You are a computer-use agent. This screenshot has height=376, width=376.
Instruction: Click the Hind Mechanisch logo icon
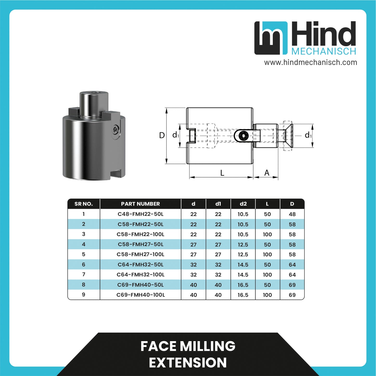pyautogui.click(x=271, y=38)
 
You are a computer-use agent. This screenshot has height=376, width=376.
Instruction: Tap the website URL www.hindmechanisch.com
pyautogui.click(x=310, y=62)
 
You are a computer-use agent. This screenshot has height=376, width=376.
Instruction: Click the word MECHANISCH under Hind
pyautogui.click(x=324, y=51)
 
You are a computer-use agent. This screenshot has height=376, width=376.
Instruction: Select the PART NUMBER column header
pyautogui.click(x=140, y=204)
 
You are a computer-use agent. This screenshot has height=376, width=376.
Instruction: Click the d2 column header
pyautogui.click(x=243, y=204)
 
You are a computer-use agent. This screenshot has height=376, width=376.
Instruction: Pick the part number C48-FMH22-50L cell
pyautogui.click(x=140, y=214)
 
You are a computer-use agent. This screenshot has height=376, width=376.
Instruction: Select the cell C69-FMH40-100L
pyautogui.click(x=140, y=295)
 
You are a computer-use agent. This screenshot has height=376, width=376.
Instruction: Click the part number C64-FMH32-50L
pyautogui.click(x=140, y=265)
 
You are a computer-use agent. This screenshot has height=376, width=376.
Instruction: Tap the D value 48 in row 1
pyautogui.click(x=292, y=214)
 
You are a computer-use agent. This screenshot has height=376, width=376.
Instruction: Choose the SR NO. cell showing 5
pyautogui.click(x=84, y=254)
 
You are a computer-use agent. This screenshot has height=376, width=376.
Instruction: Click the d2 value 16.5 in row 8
pyautogui.click(x=243, y=285)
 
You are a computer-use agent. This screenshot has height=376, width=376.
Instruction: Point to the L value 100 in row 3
pyautogui.click(x=267, y=234)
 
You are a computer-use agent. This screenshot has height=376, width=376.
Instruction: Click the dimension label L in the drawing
pyautogui.click(x=222, y=173)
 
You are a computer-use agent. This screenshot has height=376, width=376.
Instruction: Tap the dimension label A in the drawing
pyautogui.click(x=267, y=173)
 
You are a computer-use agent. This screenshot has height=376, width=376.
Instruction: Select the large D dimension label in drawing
pyautogui.click(x=162, y=135)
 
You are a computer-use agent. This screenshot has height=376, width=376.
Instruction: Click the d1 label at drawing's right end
pyautogui.click(x=308, y=135)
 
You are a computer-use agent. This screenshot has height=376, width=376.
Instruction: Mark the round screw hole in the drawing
pyautogui.click(x=243, y=136)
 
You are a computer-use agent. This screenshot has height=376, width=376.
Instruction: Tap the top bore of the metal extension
pyautogui.click(x=94, y=93)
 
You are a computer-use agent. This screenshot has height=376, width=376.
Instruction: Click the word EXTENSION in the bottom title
pyautogui.click(x=188, y=362)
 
